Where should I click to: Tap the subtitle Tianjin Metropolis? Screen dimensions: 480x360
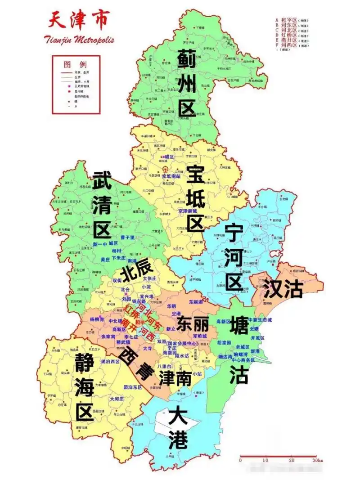pos(79,40)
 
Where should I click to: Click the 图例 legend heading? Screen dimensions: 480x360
pos(75,64)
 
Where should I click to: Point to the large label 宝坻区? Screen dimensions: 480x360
pos(196,198)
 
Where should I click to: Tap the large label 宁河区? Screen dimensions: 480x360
pos(234,256)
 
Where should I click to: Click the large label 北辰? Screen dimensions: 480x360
pos(134,272)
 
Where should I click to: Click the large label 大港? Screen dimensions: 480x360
pos(178,427)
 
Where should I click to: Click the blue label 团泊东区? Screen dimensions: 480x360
pos(133,387)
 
